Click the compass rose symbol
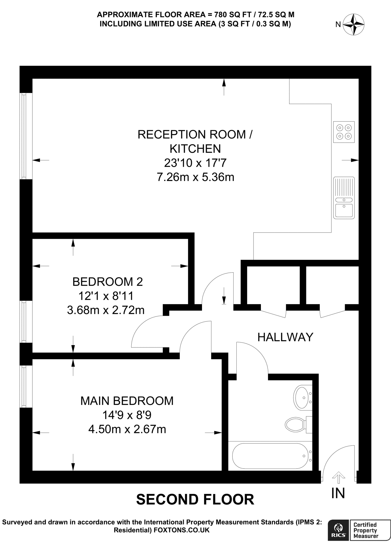[x=353, y=25]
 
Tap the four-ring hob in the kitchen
[x=344, y=132]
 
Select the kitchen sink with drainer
[x=344, y=198]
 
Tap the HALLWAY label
[x=285, y=337]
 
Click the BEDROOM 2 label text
[x=108, y=282]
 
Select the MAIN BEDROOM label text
[x=127, y=401]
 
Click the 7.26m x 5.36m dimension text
[x=195, y=177]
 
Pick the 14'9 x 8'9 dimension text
[x=127, y=415]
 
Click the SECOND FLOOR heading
[x=195, y=499]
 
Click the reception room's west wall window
[x=24, y=136]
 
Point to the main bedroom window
[x=24, y=387]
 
